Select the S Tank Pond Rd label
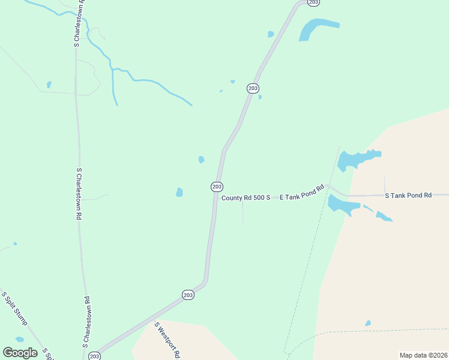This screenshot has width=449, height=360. click(408, 196)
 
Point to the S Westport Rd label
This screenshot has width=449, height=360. click(167, 340)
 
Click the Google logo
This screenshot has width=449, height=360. click(20, 353)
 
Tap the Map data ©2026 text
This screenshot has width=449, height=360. click(423, 355)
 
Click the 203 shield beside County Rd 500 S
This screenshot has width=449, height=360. click(217, 187)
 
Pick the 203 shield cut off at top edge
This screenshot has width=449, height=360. click(313, 2)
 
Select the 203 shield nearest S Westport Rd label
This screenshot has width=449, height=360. click(188, 295)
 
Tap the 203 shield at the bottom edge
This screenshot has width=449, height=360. click(94, 356)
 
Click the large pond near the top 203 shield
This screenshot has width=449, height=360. click(316, 28)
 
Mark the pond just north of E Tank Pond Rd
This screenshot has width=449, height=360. click(355, 160)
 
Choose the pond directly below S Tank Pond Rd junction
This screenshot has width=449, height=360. click(342, 205)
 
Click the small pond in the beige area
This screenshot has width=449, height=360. click(368, 323)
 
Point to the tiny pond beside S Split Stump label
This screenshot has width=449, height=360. click(19, 340)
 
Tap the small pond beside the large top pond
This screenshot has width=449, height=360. click(271, 34)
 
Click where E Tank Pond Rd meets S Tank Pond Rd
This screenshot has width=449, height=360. click(329, 187)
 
